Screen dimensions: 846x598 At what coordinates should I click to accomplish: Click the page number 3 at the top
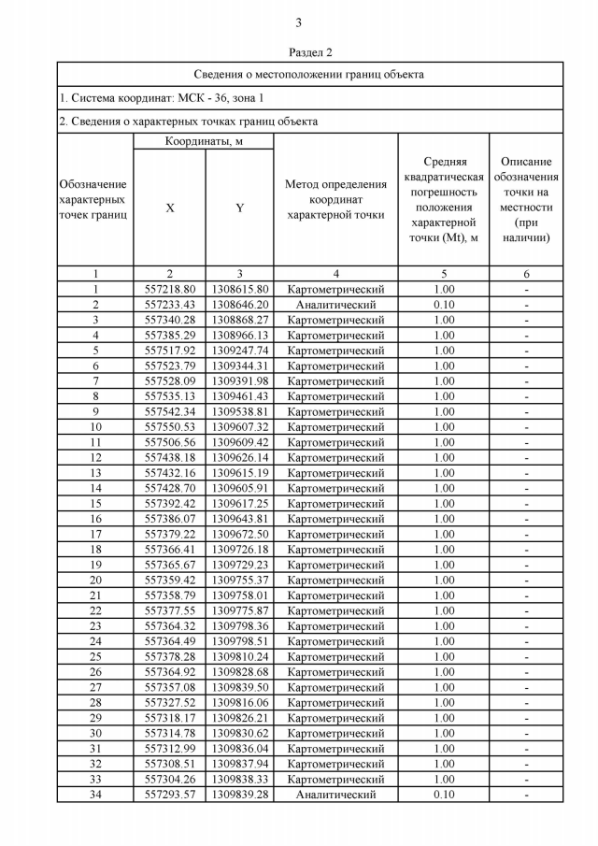point(298,23)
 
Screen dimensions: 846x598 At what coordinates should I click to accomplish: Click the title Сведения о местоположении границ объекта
point(309,74)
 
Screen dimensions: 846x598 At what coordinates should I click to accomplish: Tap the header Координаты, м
point(205,141)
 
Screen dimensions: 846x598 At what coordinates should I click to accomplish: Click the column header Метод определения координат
point(335,199)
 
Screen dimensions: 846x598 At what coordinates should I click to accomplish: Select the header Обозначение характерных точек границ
point(93,199)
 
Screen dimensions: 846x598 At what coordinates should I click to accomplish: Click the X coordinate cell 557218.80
point(170,290)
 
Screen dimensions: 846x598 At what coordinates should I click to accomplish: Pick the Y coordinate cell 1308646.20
point(239,305)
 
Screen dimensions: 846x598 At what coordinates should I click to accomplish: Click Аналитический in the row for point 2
point(335,305)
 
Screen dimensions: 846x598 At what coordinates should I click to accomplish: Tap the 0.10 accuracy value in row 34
point(444,795)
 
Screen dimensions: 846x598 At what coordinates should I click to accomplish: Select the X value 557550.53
point(170,427)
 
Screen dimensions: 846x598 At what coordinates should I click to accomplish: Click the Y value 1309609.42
point(239,442)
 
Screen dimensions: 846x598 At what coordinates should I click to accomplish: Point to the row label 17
point(94,534)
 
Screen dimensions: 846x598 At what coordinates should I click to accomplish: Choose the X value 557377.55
point(170,610)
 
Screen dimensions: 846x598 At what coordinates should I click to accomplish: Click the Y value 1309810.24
point(239,656)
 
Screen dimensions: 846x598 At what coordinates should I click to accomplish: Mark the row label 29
point(94,718)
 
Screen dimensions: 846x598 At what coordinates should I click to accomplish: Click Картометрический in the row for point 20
point(335,580)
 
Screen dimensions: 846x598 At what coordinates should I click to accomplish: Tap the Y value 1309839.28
point(239,795)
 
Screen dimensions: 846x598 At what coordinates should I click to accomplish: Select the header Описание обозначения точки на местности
point(526,199)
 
